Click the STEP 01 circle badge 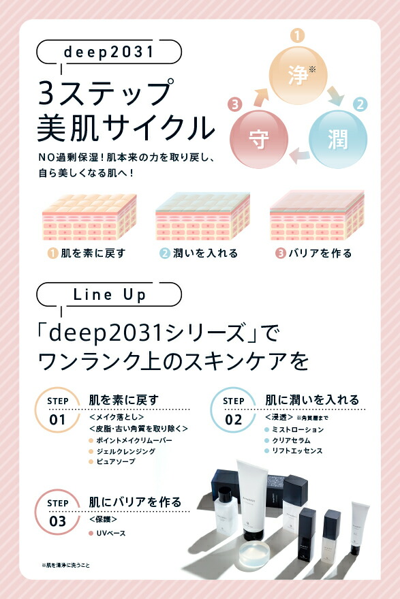[x=57, y=412]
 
